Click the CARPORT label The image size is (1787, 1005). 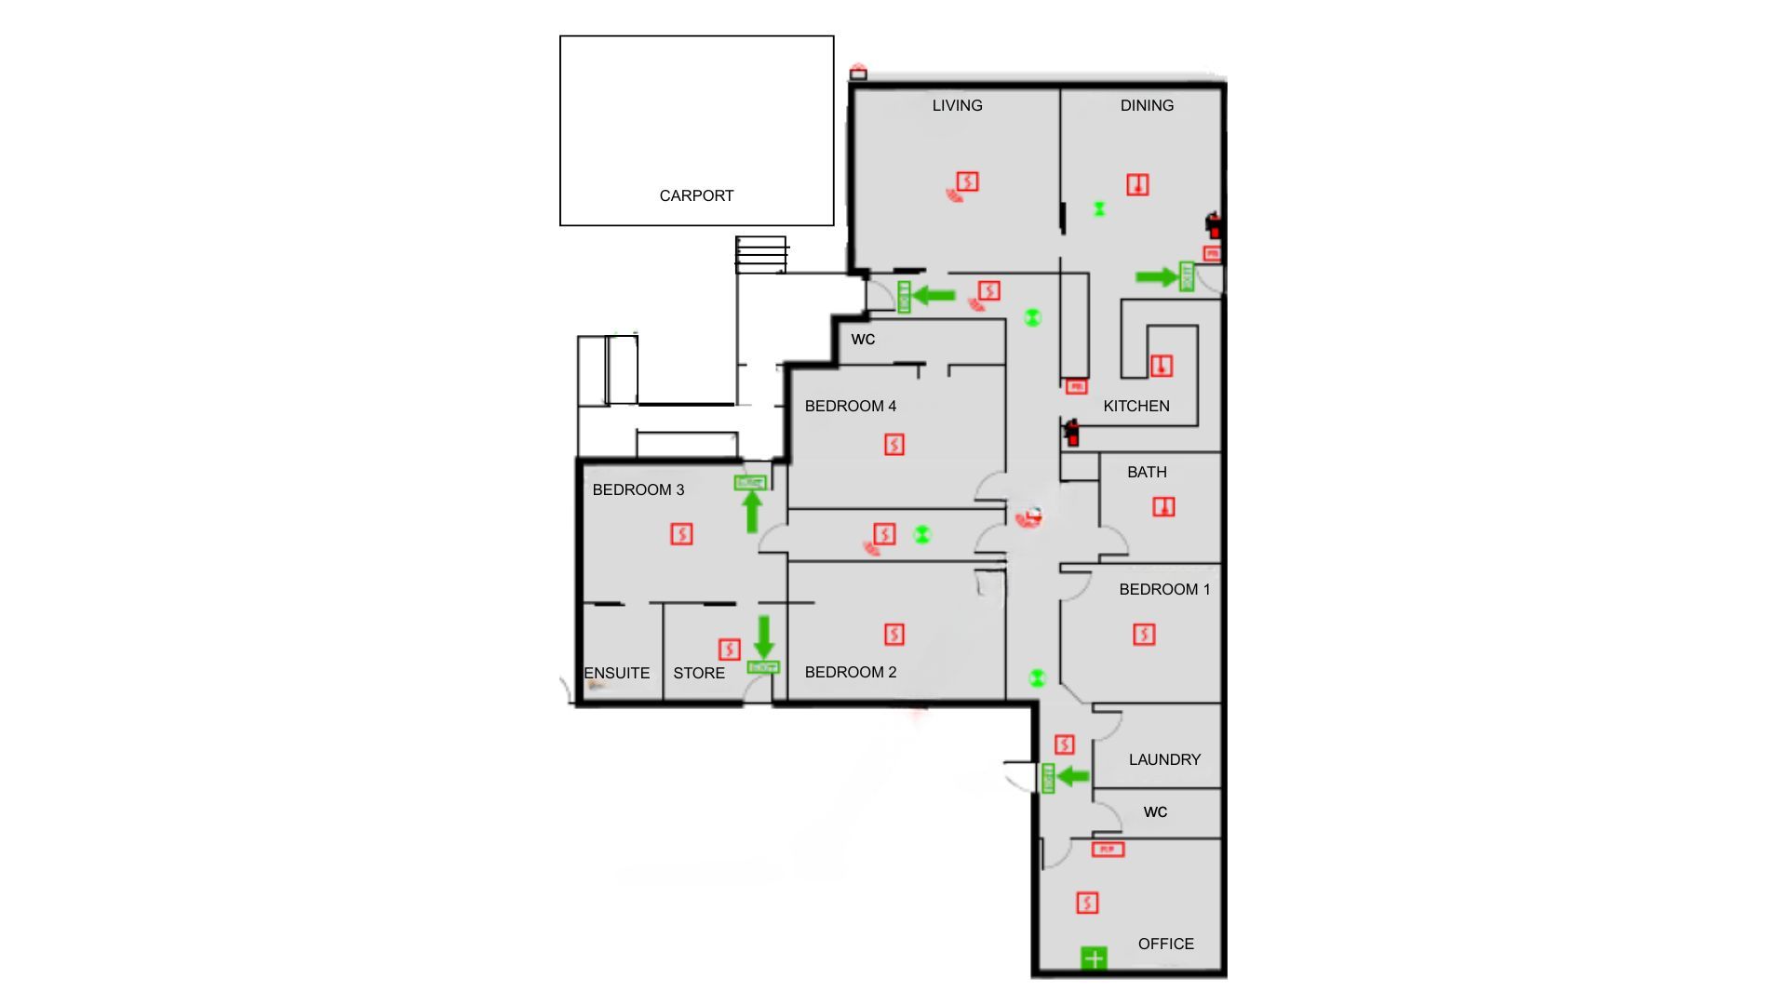(x=696, y=195)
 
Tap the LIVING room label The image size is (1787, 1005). (x=957, y=105)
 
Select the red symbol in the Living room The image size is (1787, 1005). (x=967, y=181)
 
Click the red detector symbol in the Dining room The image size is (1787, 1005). (x=1137, y=184)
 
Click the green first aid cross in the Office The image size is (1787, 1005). (x=1094, y=958)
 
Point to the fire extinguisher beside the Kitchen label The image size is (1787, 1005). (x=1072, y=432)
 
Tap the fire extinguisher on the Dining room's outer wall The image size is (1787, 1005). (x=1213, y=225)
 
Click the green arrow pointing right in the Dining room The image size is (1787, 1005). (x=1156, y=276)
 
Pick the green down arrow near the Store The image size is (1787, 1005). (x=764, y=636)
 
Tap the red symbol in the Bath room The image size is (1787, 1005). (x=1163, y=506)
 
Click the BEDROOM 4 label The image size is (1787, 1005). (x=850, y=406)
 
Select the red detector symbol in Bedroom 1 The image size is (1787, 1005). (x=1144, y=635)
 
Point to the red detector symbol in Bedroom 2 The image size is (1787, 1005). (x=893, y=635)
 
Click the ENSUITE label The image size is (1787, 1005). (x=616, y=673)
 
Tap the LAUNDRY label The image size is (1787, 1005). (x=1164, y=759)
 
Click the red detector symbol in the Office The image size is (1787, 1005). (x=1087, y=903)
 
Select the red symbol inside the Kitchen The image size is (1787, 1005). (x=1162, y=365)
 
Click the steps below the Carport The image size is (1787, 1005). (x=761, y=253)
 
